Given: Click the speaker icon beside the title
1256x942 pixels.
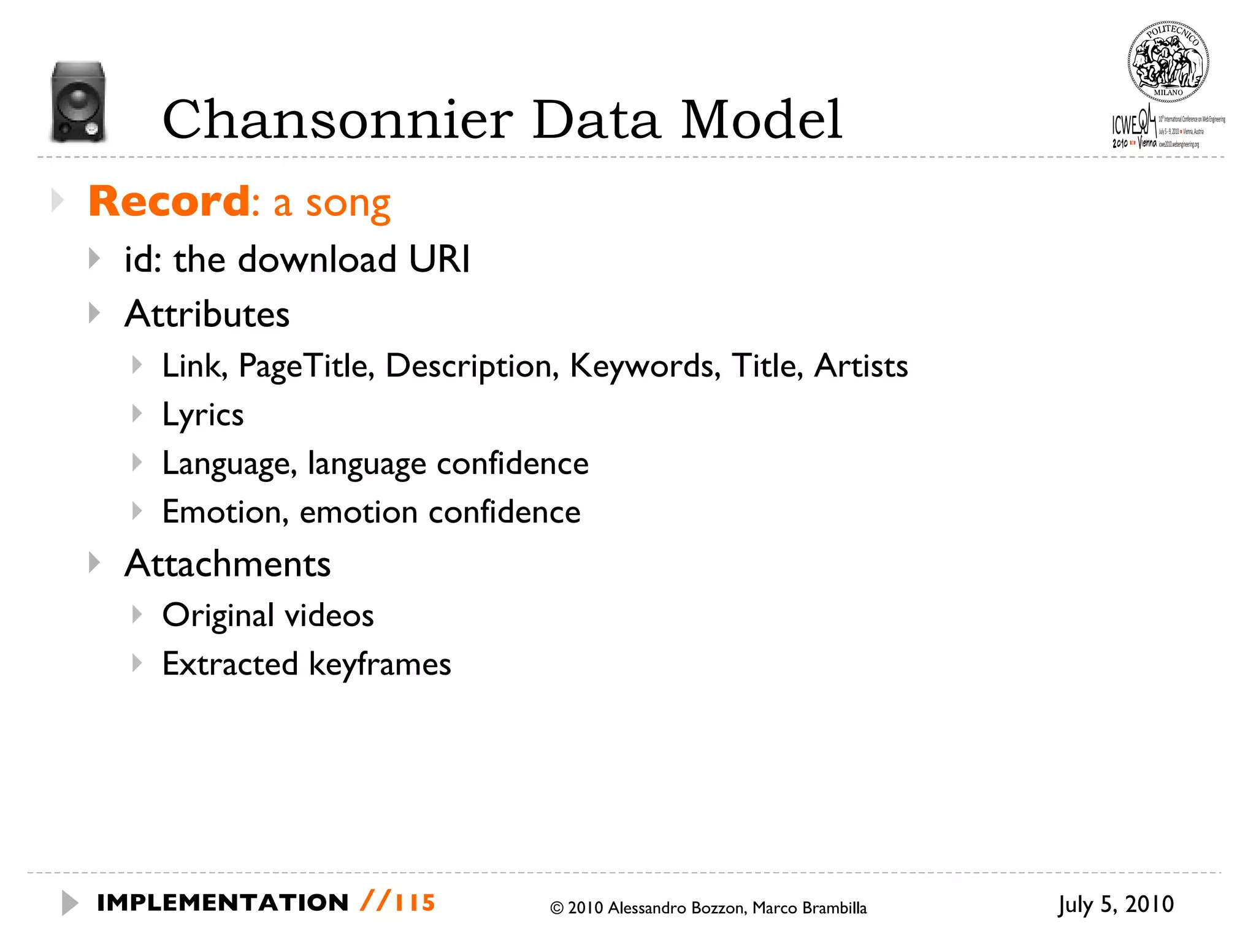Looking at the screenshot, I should [78, 102].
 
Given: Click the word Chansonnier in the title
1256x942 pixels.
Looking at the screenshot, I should [337, 120].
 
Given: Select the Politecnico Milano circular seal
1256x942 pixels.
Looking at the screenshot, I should [1168, 62].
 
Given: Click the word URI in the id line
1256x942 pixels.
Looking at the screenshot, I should [439, 259].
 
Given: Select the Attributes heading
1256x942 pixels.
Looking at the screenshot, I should [207, 314].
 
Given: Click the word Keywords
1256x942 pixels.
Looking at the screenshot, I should [645, 366].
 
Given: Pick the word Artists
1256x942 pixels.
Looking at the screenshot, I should [860, 366].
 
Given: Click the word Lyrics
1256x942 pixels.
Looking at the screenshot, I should [203, 415].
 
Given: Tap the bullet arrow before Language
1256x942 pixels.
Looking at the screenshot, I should [137, 462].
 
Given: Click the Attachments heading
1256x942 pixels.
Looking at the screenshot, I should [228, 564].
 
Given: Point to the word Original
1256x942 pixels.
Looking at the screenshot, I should [218, 616].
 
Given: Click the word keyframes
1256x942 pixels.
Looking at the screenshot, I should [380, 665].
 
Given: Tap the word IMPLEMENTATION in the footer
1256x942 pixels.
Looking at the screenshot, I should [223, 903].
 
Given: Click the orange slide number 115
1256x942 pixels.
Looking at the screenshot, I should [415, 903].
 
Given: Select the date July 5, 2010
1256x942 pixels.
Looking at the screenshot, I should [1116, 905].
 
